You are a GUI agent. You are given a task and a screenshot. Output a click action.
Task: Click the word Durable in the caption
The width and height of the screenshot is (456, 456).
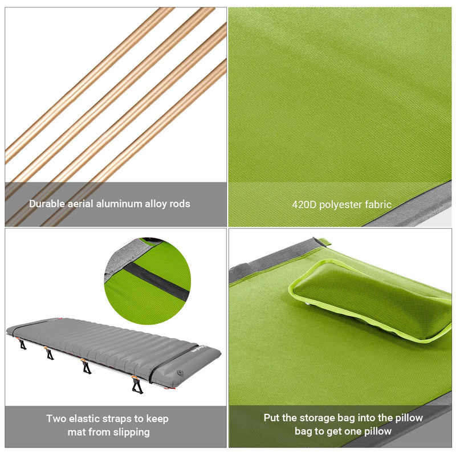click(x=47, y=203)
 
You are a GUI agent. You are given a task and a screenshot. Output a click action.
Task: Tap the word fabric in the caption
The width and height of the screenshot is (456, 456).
click(x=379, y=204)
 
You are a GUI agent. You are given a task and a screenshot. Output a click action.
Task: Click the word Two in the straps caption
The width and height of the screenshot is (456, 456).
click(x=56, y=419)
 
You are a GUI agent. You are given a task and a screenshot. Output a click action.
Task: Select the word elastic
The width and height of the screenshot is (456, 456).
click(x=85, y=419)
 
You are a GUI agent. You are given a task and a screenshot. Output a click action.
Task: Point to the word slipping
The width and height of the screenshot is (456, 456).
click(x=130, y=432)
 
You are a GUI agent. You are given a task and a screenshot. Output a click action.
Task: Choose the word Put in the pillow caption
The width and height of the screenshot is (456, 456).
click(x=272, y=418)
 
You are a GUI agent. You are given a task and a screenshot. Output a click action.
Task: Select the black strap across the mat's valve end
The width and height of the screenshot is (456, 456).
click(x=171, y=365)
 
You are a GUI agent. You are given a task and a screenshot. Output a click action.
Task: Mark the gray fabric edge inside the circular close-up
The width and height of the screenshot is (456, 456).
click(x=123, y=256)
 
